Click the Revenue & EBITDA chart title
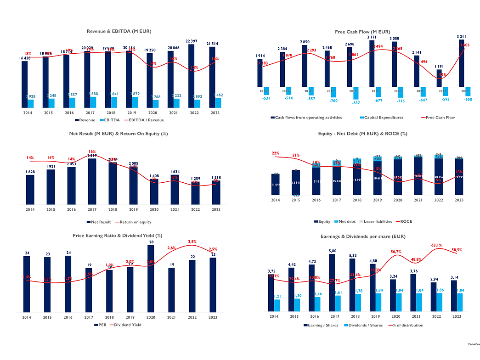coord(119,31)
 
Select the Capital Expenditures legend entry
coord(384,118)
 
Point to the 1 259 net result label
coord(192,179)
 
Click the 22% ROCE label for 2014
coord(276,153)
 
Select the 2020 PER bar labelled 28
coord(151,280)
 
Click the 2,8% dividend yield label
coord(192,242)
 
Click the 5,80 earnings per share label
coord(332,251)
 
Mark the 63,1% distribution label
coord(436,245)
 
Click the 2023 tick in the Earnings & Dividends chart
coord(457,316)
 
